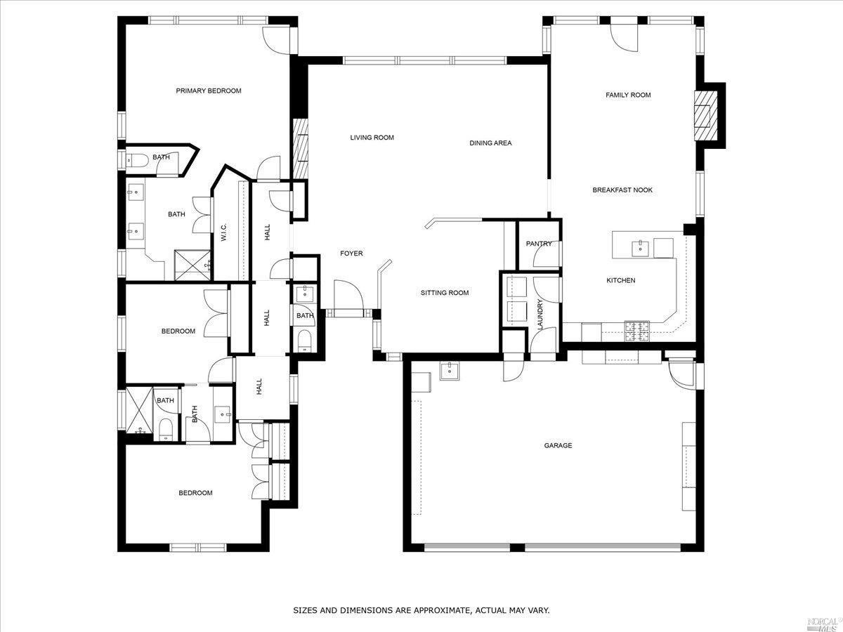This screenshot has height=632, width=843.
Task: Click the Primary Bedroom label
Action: coord(209,91)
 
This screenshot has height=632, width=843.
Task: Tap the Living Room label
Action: coord(372,138)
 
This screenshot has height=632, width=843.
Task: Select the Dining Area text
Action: coord(490,143)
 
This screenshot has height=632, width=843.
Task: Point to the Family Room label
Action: coord(628,95)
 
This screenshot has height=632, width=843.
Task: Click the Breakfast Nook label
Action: coord(622,190)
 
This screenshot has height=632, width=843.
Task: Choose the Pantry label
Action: coord(539,244)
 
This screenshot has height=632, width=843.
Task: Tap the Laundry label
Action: coord(540,315)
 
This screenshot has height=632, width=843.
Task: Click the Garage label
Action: coord(558,445)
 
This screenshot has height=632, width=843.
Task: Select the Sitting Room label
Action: coord(445,293)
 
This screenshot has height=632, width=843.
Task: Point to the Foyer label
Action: coord(351,254)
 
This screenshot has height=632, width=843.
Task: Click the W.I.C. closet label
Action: coord(224,232)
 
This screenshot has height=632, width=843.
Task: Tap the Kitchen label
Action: coord(621,280)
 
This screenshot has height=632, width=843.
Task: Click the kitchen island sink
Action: coord(641,248)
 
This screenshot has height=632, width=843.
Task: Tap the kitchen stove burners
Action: coord(637,331)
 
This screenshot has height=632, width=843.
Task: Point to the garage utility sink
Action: coord(450,371)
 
